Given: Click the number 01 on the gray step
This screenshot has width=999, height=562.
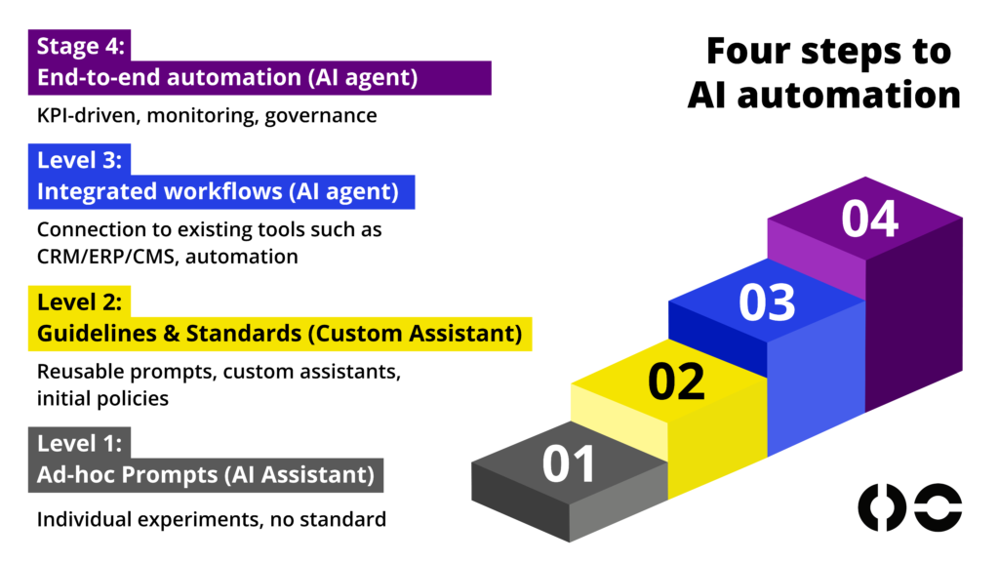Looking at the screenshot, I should click(x=569, y=463).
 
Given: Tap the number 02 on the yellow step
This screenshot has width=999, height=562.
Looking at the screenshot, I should click(x=676, y=381).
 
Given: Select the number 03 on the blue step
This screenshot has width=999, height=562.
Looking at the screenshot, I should click(x=768, y=302).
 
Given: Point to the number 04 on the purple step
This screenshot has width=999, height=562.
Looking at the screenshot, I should click(x=869, y=219).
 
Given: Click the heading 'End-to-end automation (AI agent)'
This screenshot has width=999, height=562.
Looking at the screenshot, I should click(x=227, y=78).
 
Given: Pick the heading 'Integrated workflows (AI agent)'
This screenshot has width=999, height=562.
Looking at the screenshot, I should click(x=218, y=192).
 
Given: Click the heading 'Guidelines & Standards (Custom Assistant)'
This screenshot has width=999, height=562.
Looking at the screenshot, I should click(x=279, y=334).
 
